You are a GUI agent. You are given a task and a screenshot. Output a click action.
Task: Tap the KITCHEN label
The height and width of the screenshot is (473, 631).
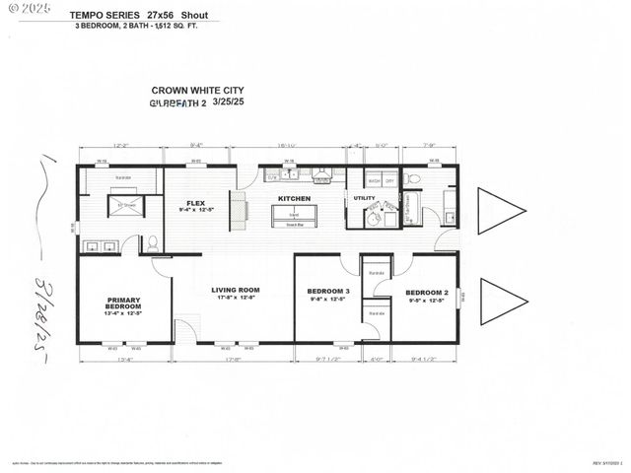coord(294,199)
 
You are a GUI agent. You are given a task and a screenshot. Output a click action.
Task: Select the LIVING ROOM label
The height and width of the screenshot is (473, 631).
coord(234,293)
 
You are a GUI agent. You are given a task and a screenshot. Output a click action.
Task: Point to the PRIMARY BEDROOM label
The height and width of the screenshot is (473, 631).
coord(123,304)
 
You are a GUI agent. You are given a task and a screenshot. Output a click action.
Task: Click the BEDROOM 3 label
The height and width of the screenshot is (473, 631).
coord(328,293)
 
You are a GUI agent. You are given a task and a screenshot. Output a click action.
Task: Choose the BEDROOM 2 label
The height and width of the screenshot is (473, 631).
coord(426,293)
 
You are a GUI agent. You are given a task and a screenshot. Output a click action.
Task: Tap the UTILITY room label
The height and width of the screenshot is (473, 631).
coord(364,199)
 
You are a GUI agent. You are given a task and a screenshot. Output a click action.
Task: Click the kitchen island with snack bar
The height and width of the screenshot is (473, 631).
coord(294,215)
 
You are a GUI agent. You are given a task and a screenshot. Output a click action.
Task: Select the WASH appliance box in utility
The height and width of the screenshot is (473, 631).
coord(375,181)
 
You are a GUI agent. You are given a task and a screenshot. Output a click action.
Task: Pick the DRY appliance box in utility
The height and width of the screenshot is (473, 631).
coord(389,181)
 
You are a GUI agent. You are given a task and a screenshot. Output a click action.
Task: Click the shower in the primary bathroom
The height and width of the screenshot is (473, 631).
coord(126,206)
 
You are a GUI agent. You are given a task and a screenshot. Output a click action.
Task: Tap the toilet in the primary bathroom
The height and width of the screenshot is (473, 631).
coord(152,241)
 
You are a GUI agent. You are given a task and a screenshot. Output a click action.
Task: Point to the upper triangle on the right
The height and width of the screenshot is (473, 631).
coord(500,211)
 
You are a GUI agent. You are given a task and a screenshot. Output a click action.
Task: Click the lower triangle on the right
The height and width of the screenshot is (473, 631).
coord(500,302)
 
